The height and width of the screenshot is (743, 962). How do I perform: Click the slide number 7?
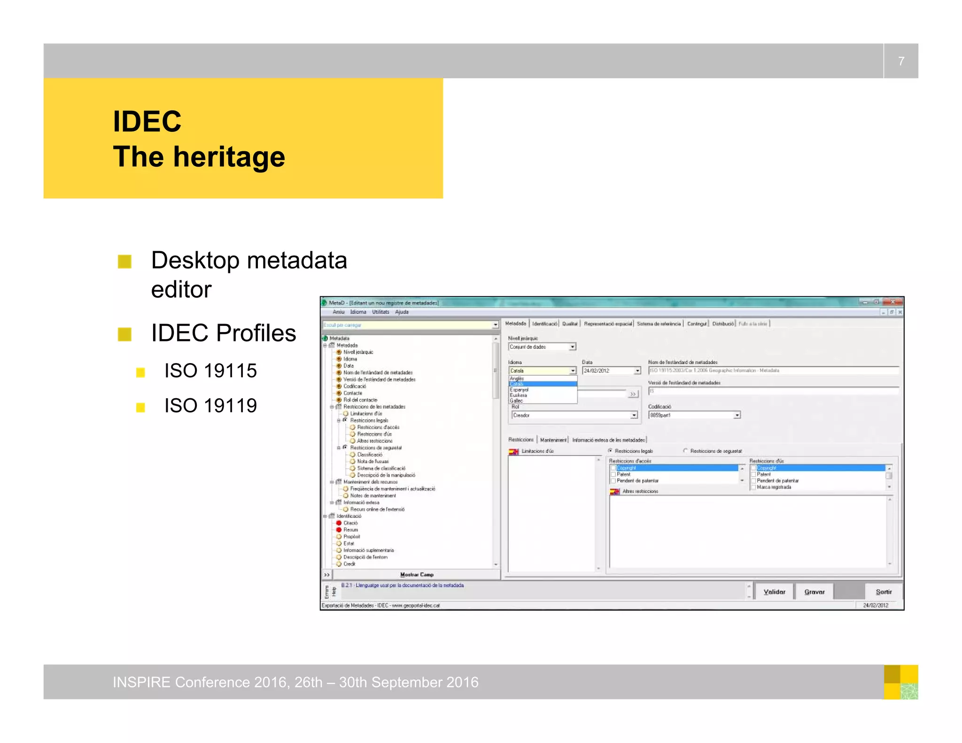pyautogui.click(x=901, y=61)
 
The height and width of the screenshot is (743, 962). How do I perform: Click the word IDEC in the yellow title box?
pyautogui.click(x=147, y=122)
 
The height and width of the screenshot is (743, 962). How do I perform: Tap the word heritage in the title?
pyautogui.click(x=229, y=157)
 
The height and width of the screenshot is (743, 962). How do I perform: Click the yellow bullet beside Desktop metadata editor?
pyautogui.click(x=124, y=262)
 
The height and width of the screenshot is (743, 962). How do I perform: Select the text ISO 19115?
pyautogui.click(x=210, y=371)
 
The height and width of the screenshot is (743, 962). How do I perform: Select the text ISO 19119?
pyautogui.click(x=210, y=406)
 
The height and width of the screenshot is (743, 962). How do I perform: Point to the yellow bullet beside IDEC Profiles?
pyautogui.click(x=124, y=334)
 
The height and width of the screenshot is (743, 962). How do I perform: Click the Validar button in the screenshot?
pyautogui.click(x=774, y=592)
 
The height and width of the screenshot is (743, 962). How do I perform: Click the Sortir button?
pyautogui.click(x=884, y=592)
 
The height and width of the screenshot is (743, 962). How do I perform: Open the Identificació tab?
pyautogui.click(x=544, y=324)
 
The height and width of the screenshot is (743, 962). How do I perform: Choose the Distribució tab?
pyautogui.click(x=722, y=324)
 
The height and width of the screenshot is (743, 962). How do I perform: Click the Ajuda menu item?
pyautogui.click(x=402, y=312)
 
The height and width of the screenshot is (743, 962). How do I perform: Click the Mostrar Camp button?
pyautogui.click(x=417, y=574)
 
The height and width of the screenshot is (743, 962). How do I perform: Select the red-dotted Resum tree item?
pyautogui.click(x=350, y=530)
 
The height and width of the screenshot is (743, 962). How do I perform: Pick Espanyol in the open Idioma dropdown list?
pyautogui.click(x=519, y=390)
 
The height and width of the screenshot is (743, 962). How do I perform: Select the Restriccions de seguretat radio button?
pyautogui.click(x=686, y=451)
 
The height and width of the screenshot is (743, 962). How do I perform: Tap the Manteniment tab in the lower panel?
pyautogui.click(x=553, y=440)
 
